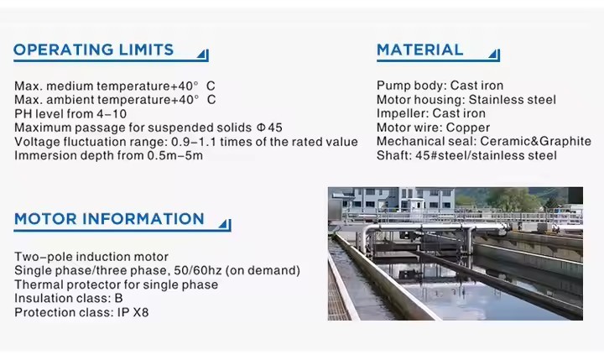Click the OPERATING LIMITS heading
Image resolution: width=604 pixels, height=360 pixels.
(x=93, y=50)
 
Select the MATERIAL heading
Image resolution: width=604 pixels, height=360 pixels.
(x=419, y=50)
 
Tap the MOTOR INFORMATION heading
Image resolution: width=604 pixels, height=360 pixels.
(x=109, y=219)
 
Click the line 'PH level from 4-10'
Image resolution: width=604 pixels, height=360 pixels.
(x=70, y=113)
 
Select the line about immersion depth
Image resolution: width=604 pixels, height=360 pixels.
(x=108, y=155)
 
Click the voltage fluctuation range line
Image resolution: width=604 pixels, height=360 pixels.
(x=185, y=142)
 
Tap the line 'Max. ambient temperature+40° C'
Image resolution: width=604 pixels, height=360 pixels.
(x=115, y=100)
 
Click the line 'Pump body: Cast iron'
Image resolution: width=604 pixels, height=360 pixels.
(x=440, y=86)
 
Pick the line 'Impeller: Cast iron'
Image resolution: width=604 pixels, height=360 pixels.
(x=430, y=113)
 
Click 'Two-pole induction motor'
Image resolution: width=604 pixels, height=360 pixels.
(x=91, y=257)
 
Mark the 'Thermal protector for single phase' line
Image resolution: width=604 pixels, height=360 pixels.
(x=116, y=284)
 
